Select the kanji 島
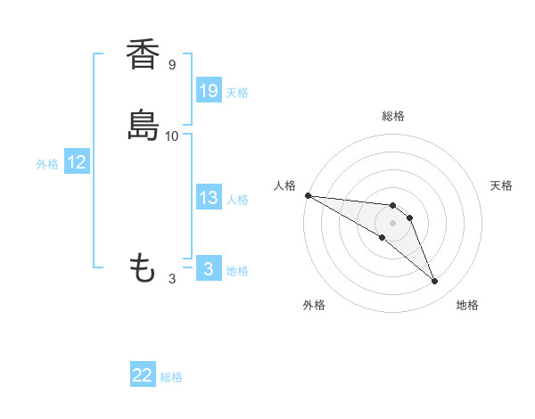(x=142, y=126)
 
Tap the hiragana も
(x=143, y=268)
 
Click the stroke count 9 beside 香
(x=172, y=65)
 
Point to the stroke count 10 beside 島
(x=172, y=136)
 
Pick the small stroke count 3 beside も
(x=172, y=278)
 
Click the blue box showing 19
(x=209, y=91)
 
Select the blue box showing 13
(x=209, y=198)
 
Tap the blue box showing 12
(x=77, y=162)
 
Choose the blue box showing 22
(x=143, y=376)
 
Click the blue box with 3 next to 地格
(x=209, y=269)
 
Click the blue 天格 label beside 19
(x=237, y=92)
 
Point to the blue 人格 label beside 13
(x=237, y=199)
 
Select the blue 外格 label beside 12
(x=47, y=163)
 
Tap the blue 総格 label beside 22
(x=171, y=377)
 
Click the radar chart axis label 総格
(x=393, y=116)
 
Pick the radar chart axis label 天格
(x=502, y=185)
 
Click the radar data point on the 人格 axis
(x=308, y=195)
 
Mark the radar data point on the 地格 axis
(x=435, y=282)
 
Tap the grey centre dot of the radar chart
(x=393, y=223)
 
